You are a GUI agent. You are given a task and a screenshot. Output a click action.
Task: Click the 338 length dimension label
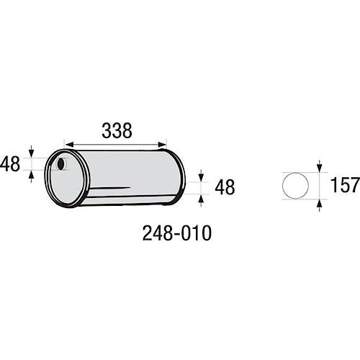117,131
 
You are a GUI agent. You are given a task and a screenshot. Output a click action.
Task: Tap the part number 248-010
177,233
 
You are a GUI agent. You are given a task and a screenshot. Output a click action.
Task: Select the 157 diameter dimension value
345,185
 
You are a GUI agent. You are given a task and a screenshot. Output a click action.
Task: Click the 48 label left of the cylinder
10,164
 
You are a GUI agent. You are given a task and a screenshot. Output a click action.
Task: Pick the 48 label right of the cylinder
225,187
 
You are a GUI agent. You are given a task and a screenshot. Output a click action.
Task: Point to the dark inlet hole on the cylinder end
61,163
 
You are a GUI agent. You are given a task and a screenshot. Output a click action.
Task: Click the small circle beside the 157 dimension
295,186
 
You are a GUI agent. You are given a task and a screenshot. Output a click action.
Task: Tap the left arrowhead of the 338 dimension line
69,145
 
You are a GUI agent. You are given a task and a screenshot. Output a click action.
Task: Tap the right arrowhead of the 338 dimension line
162,145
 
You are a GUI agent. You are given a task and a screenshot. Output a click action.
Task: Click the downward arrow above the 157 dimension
319,166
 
